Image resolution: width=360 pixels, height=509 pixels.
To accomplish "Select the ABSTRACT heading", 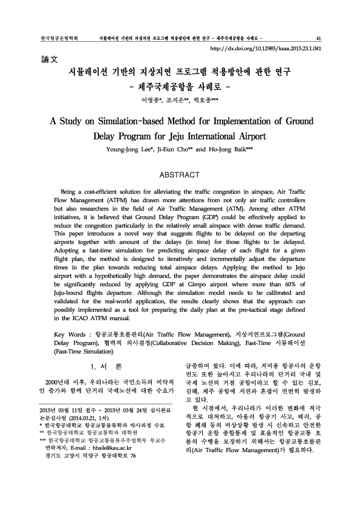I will point(179,175).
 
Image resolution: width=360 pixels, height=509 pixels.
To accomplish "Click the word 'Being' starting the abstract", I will point(71,191).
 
